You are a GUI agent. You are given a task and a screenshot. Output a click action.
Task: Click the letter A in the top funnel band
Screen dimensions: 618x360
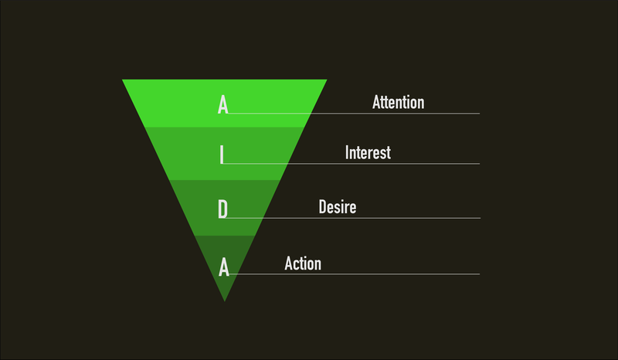[222, 105]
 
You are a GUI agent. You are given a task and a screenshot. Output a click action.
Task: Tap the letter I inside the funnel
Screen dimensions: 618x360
[222, 155]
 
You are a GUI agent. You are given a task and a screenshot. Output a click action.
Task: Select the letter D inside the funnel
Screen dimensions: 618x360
[222, 209]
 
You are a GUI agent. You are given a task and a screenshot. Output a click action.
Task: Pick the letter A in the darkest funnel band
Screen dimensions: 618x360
[224, 267]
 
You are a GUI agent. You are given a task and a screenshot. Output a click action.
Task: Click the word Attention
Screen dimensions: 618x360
[398, 102]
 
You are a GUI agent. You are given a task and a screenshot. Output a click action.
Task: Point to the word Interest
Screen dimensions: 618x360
[368, 153]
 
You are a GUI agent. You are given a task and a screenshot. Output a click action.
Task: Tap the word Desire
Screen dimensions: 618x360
[338, 207]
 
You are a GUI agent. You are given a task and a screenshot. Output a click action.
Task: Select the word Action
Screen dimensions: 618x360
[303, 263]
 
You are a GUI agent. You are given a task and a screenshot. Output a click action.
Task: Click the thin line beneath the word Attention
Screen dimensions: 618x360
[354, 114]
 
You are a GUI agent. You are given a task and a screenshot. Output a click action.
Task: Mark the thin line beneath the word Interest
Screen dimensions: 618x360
[351, 164]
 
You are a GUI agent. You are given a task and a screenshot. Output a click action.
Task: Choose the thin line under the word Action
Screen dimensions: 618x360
[355, 274]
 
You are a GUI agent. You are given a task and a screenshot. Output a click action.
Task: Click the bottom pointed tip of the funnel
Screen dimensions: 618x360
[225, 301]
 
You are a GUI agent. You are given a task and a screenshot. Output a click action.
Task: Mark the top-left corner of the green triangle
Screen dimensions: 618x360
[123, 80]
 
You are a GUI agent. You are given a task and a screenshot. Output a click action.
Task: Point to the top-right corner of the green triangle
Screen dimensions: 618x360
[327, 80]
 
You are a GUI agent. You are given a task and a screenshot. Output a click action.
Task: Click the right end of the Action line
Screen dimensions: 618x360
[479, 274]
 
